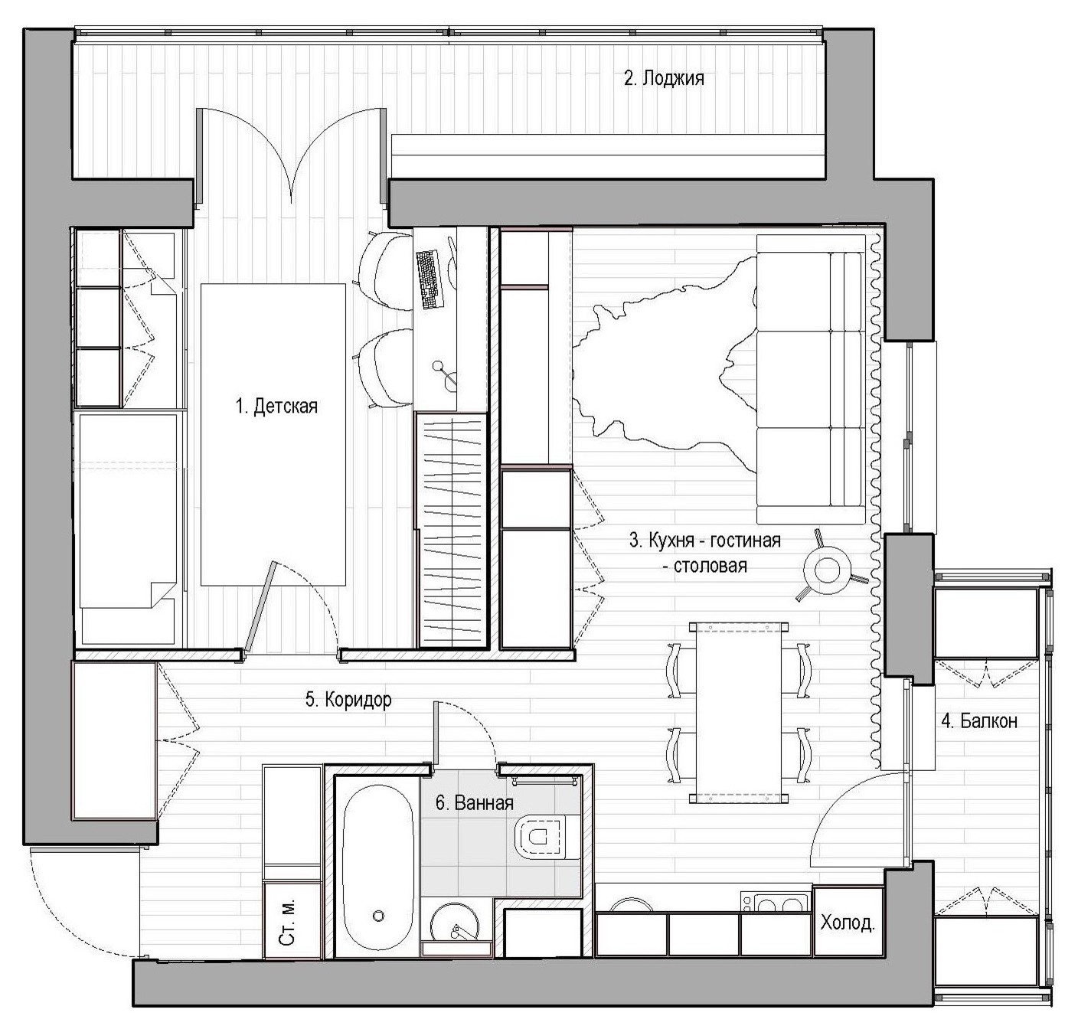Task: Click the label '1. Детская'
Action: (276, 406)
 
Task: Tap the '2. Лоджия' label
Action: (664, 78)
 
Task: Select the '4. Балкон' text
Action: (979, 720)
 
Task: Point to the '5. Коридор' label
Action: (348, 699)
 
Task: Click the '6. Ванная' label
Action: (474, 803)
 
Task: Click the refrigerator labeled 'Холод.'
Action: (848, 922)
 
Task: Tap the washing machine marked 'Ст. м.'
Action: (291, 920)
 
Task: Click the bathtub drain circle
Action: (377, 916)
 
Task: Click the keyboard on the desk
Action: (430, 279)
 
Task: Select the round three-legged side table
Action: (828, 570)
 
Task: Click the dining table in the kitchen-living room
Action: (739, 714)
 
